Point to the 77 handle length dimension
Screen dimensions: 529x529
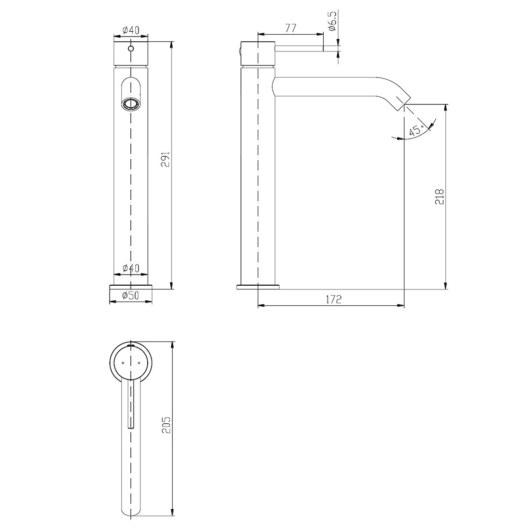pos(290,28)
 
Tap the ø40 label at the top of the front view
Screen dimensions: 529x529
pos(130,30)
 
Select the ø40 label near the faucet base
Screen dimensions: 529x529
pos(130,268)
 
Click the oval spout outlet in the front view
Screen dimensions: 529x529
pos(130,102)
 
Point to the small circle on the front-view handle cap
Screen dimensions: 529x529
pos(130,49)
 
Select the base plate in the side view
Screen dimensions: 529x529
pos(258,287)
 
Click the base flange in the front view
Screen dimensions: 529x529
pos(131,287)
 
